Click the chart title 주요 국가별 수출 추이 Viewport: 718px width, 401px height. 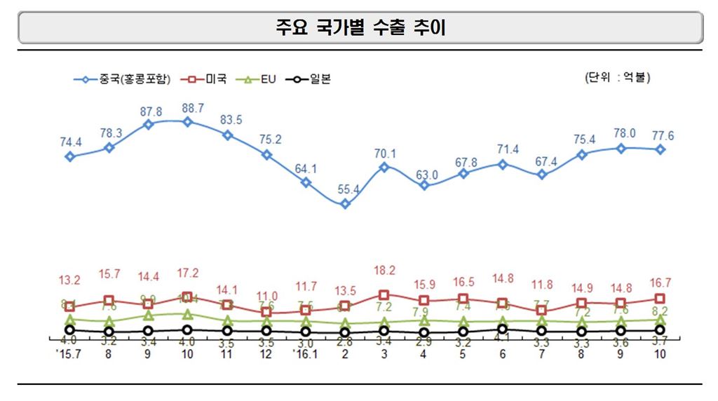(360, 27)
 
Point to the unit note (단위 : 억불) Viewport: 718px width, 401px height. (617, 77)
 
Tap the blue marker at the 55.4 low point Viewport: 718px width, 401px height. (345, 204)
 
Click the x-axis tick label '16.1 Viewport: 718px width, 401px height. (306, 354)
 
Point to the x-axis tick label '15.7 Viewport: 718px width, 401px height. (69, 354)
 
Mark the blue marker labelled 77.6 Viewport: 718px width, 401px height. (660, 149)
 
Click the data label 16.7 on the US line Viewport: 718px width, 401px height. (660, 283)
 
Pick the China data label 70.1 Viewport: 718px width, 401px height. (384, 154)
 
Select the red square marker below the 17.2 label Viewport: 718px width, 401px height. (187, 297)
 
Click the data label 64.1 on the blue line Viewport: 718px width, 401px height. (306, 168)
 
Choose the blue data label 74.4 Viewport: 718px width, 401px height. (70, 142)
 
